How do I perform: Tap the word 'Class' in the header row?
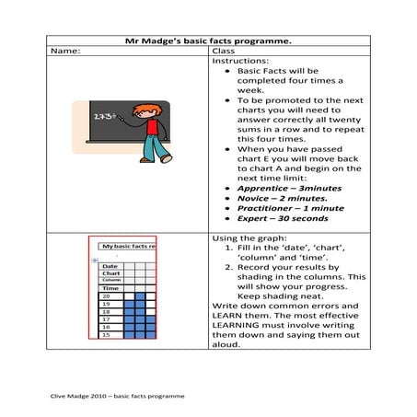pos(224,52)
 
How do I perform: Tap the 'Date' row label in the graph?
pos(110,265)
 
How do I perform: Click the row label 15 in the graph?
pos(108,335)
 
